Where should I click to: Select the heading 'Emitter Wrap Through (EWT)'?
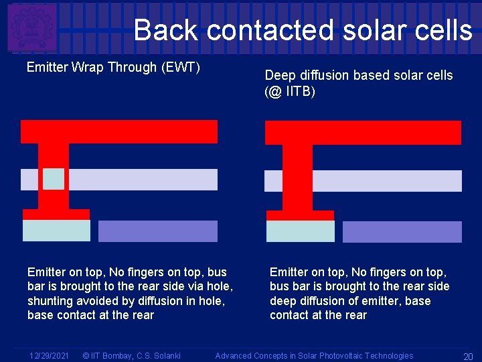pos(114,68)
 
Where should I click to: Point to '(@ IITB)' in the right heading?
pos(290,91)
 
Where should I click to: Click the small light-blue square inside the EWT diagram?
pos(54,179)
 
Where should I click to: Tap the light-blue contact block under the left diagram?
pos(56,231)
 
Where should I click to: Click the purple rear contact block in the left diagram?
pos(158,231)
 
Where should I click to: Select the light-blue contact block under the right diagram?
pos(300,231)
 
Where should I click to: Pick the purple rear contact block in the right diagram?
pos(402,231)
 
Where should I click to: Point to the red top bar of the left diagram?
pos(119,131)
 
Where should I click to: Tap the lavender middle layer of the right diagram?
pos(388,181)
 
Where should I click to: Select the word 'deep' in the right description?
pos(284,301)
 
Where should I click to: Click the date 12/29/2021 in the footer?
pos(48,355)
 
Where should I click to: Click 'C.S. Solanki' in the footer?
pos(158,355)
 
